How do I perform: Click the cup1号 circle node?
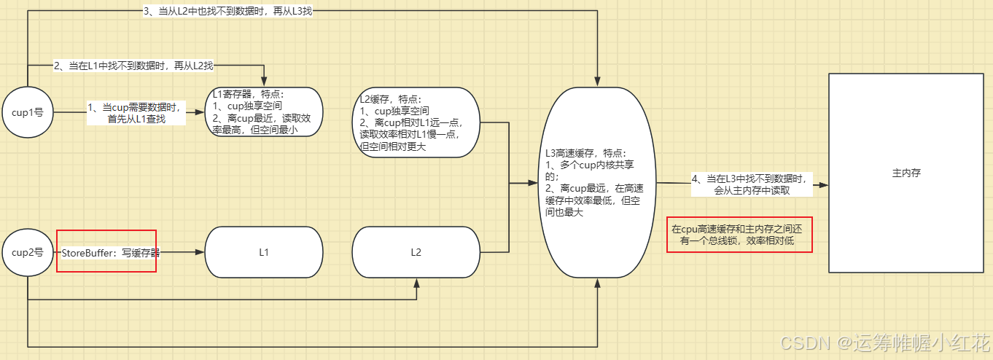coord(28,112)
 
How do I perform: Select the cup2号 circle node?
coord(28,252)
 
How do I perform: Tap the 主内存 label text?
coord(906,173)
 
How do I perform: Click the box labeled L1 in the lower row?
coord(264,252)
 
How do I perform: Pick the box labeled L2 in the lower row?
coord(416,252)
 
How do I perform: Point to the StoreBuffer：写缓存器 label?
coord(110,253)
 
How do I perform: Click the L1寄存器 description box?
coord(265,111)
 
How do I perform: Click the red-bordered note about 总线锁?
coord(739,234)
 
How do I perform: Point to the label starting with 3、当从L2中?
coord(227,12)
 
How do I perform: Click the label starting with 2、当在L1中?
coord(133,66)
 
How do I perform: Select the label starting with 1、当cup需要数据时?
coord(135,112)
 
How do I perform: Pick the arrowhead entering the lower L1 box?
coord(200,252)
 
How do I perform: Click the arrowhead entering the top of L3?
coord(597,82)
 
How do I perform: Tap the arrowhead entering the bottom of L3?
coord(597,283)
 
